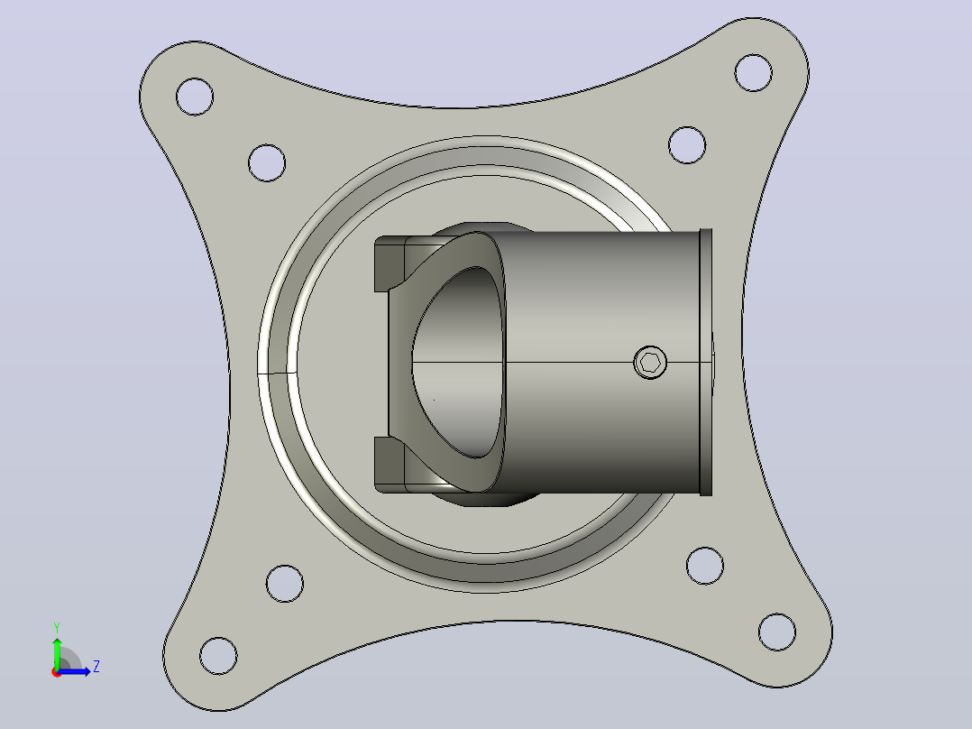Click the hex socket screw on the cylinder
650,363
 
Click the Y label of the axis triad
57,628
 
